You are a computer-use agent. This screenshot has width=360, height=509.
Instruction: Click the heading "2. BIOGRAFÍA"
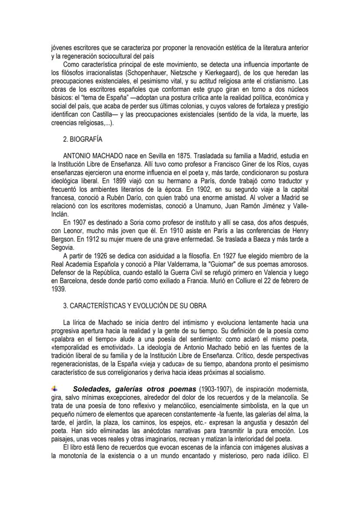click(83, 140)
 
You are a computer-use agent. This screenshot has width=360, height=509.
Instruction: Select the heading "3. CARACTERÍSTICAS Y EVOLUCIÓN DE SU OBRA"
click(135, 306)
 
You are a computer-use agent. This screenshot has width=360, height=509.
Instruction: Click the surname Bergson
click(63, 240)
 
